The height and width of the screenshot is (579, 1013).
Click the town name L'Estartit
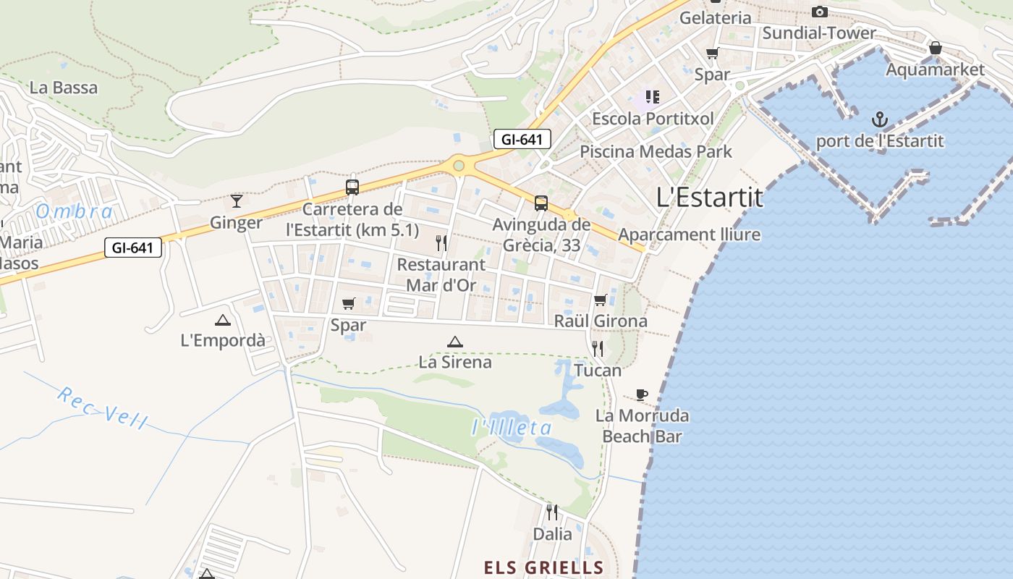(x=709, y=198)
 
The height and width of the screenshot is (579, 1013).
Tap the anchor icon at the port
(x=879, y=119)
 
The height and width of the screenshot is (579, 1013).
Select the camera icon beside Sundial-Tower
(x=819, y=12)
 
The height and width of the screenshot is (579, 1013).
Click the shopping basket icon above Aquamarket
(x=935, y=48)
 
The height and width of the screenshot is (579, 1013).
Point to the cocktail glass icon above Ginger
(x=236, y=200)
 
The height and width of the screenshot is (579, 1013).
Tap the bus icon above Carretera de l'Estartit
(x=352, y=187)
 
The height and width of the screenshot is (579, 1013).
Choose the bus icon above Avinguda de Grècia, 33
(x=541, y=203)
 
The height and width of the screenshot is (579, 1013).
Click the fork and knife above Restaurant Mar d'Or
(x=441, y=242)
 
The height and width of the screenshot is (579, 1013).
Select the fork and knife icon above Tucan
(x=598, y=349)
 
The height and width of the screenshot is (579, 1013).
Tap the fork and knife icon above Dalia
(x=552, y=512)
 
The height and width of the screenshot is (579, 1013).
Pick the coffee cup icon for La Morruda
(x=641, y=394)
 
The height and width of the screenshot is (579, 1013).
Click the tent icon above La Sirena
(x=454, y=342)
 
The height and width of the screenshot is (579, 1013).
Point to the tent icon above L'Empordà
(x=223, y=320)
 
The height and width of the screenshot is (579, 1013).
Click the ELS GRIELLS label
(x=543, y=567)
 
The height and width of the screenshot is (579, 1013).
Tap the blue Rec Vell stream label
(x=102, y=407)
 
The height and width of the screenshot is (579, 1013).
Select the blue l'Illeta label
(x=512, y=428)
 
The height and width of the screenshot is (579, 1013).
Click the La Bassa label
(x=64, y=88)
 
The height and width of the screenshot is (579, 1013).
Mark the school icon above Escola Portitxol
(x=653, y=96)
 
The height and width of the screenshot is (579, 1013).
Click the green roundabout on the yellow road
(x=458, y=166)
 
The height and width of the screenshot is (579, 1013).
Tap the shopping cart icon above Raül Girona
(x=600, y=300)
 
